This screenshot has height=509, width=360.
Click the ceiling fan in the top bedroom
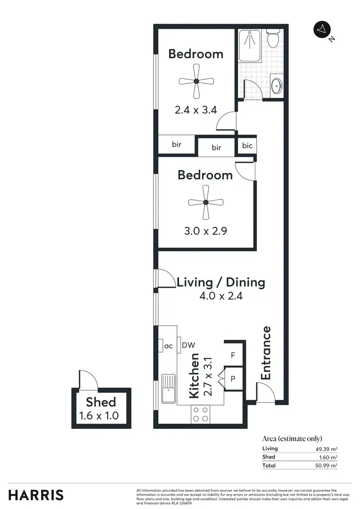(196, 82)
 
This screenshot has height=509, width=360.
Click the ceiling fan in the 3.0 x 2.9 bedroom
(205, 203)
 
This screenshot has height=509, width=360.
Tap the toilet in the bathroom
(274, 38)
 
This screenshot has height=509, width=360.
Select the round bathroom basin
(276, 87)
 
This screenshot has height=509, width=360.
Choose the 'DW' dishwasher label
(188, 345)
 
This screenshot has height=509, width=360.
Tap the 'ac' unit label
(168, 345)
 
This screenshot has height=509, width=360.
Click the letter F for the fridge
(233, 356)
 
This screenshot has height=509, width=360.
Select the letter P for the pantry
(233, 379)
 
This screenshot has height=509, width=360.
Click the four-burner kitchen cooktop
(200, 414)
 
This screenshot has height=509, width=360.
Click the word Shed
(101, 402)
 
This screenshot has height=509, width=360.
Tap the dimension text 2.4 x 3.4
(196, 110)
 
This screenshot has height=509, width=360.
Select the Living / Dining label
(221, 282)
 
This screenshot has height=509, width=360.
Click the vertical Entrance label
(265, 353)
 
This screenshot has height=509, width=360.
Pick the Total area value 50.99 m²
(327, 465)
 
